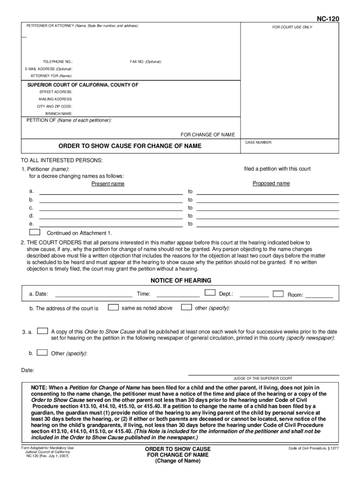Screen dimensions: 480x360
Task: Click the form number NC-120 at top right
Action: tap(328, 19)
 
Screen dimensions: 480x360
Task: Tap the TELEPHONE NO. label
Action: tap(58, 62)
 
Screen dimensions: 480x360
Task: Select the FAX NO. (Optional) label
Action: tap(146, 62)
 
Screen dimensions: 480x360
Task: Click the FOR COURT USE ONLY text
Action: tap(292, 27)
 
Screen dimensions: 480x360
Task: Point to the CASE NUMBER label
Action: tap(258, 142)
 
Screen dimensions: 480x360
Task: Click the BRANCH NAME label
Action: tap(59, 113)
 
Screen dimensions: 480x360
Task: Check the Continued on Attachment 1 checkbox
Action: tap(35, 232)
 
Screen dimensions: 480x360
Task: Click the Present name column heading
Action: tap(108, 184)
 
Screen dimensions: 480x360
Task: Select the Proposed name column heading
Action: tap(271, 183)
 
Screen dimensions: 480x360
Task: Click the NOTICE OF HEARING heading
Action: tap(180, 281)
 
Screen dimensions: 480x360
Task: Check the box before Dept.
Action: tap(210, 293)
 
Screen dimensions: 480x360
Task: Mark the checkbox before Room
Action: tap(278, 294)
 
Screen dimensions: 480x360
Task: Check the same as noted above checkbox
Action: tap(113, 307)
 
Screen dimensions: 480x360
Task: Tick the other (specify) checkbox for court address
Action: tap(186, 307)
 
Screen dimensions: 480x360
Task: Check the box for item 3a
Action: tap(42, 331)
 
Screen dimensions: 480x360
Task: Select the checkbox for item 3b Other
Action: tap(42, 352)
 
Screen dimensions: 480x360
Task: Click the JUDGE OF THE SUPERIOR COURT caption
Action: tap(262, 378)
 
